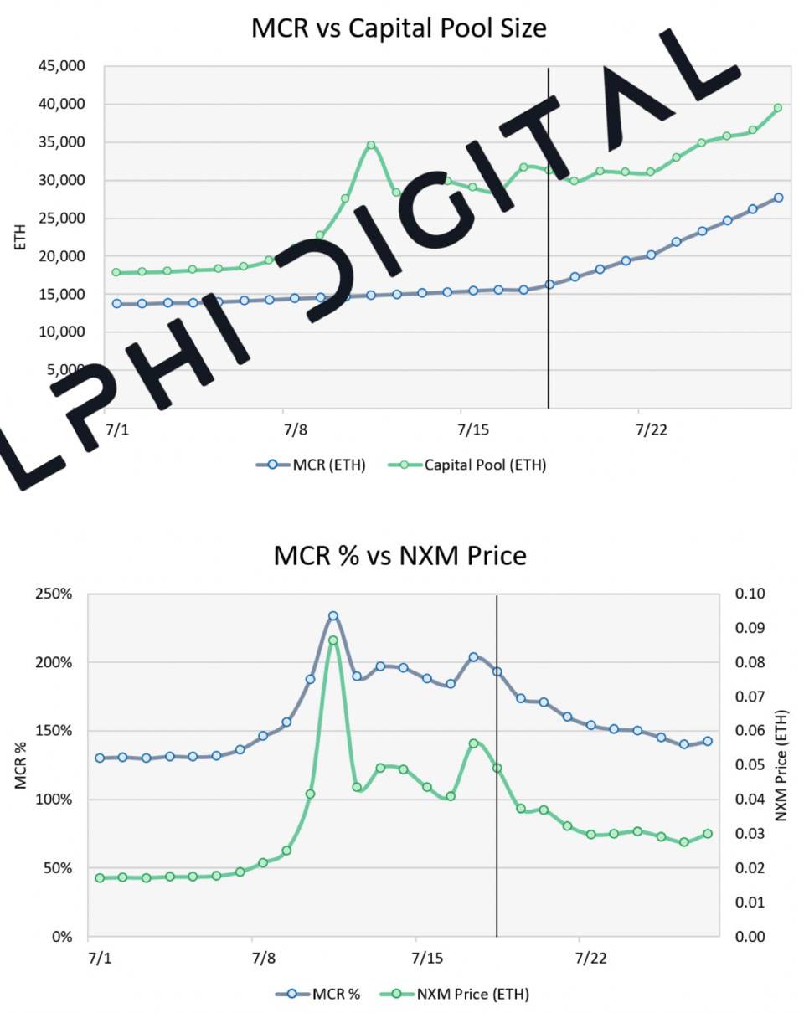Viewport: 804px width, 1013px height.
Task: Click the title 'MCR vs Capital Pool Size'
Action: point(399,28)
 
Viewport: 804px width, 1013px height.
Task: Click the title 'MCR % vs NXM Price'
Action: point(399,555)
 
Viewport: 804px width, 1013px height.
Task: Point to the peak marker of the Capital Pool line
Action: point(371,145)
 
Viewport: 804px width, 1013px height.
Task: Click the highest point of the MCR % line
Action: point(333,615)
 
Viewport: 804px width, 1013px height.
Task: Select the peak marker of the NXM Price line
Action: point(333,640)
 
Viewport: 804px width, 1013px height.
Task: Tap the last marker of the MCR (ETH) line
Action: point(778,198)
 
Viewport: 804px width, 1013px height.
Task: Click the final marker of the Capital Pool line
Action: point(778,107)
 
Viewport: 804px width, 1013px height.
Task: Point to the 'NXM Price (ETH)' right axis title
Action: point(783,765)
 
